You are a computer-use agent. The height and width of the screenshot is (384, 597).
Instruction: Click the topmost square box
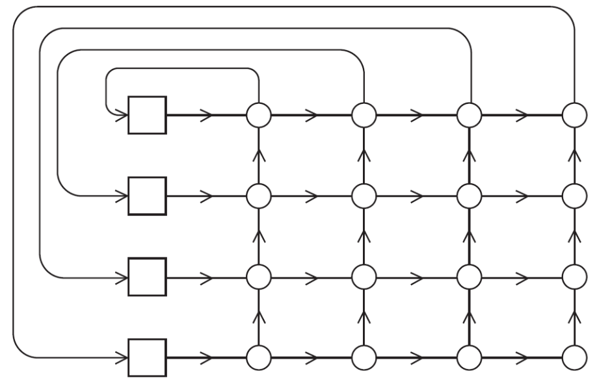[147, 115]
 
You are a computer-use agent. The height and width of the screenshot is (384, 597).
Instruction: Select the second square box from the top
[147, 194]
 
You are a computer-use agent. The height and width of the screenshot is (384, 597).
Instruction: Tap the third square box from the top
[147, 276]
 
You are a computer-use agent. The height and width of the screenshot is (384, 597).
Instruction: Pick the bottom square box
[147, 357]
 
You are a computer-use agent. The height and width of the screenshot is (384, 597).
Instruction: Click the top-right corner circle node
[574, 115]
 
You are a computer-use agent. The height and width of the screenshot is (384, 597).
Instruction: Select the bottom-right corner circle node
[574, 357]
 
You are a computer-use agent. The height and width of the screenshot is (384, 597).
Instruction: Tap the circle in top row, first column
[258, 115]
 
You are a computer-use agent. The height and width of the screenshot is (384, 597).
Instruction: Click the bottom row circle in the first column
[258, 357]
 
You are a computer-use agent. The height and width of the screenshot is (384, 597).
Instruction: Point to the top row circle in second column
[364, 115]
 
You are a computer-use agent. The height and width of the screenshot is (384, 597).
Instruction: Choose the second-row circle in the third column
[469, 194]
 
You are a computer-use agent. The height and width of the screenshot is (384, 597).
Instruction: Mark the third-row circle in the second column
[364, 276]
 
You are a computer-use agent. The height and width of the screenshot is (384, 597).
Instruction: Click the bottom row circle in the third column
[469, 357]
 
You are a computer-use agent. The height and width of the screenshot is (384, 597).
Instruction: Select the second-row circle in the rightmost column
[574, 194]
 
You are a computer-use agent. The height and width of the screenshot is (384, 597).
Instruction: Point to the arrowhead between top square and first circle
[208, 115]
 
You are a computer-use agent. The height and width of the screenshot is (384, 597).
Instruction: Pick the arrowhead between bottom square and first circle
[208, 357]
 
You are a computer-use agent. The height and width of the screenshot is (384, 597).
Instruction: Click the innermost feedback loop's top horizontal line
[182, 68]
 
